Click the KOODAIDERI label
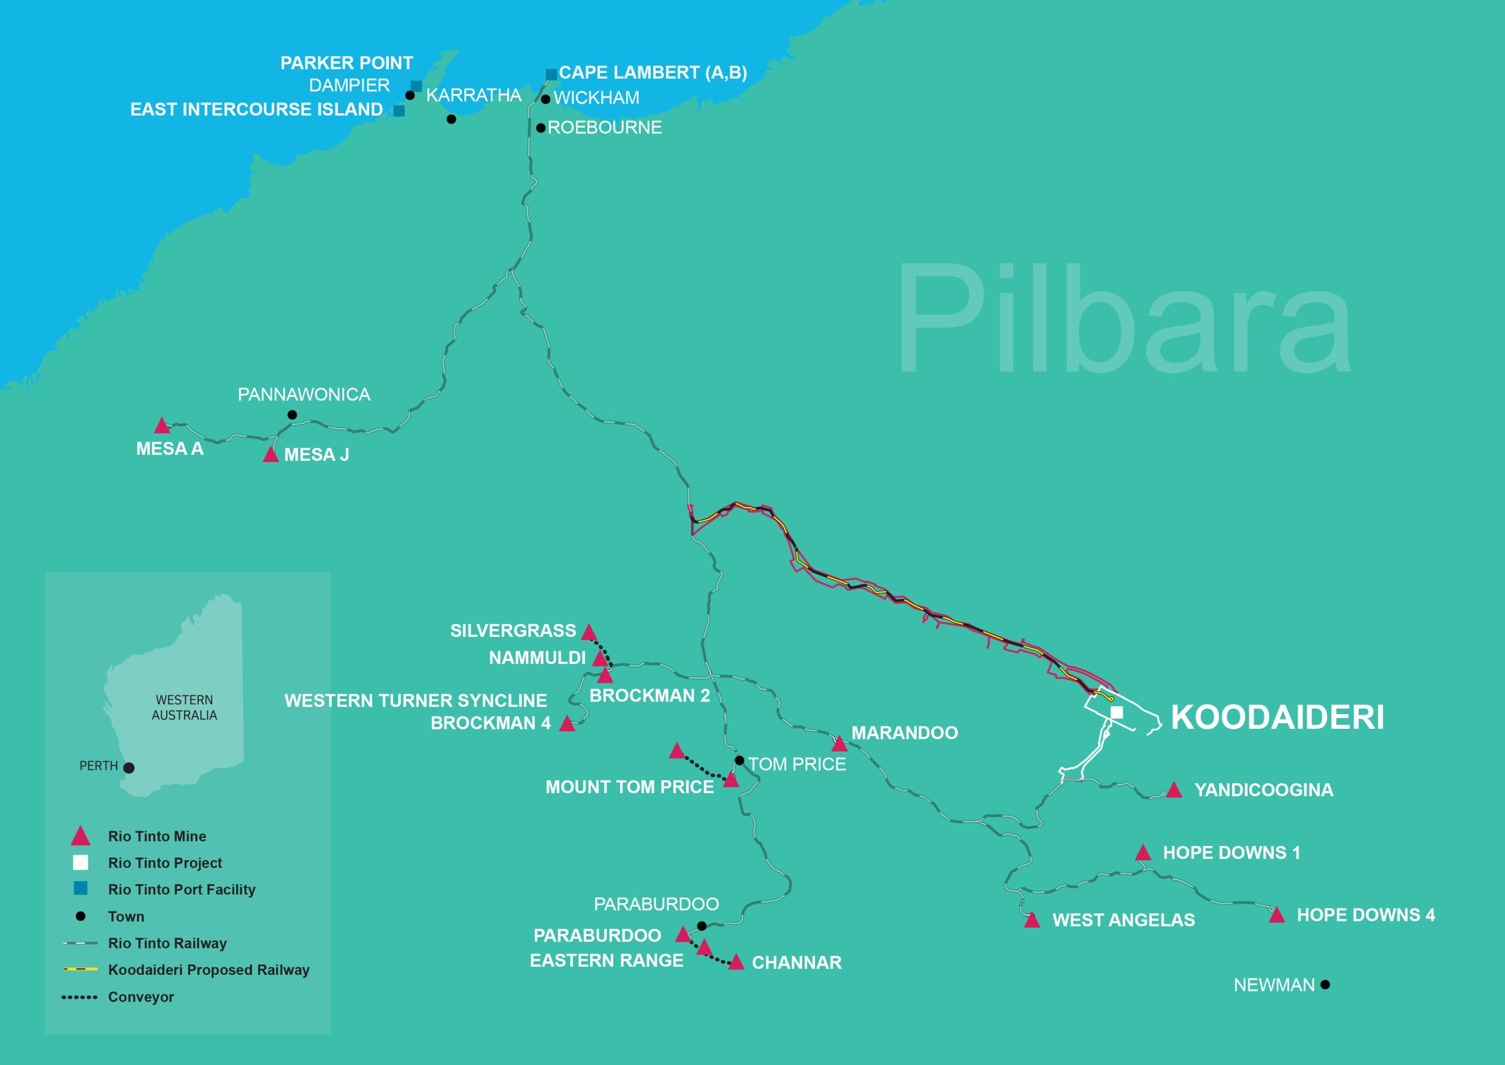coord(1277,717)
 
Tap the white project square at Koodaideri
coord(1117,713)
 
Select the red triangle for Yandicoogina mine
coord(1174,790)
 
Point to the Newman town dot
coord(1325,985)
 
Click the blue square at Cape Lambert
coord(551,74)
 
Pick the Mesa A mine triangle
coord(162,426)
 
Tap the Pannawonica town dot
coord(293,415)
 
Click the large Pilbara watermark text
coord(1122,320)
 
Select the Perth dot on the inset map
coord(129,768)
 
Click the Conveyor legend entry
coord(141,997)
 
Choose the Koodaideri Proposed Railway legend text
coord(209,970)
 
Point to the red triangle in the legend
coord(80,837)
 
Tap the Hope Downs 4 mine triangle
coord(1276,915)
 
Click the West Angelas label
coord(1123,920)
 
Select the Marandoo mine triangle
coord(839,744)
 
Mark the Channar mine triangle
coord(736,962)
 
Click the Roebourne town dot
coord(541,128)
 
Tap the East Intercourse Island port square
coord(399,111)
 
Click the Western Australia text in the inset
coord(184,707)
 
